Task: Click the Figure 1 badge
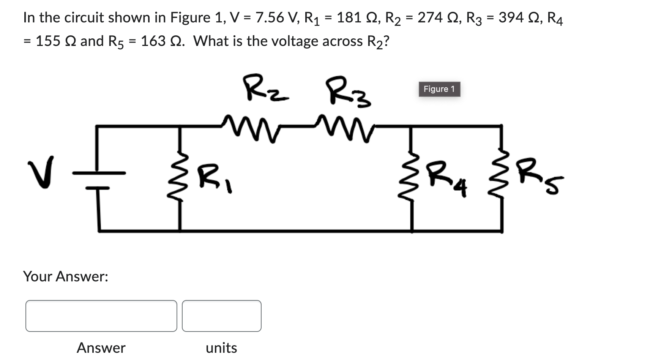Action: (439, 89)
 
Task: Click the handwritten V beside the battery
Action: (40, 172)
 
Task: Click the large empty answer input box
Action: (101, 316)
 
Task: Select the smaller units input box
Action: (221, 316)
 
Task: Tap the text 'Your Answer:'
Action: (66, 276)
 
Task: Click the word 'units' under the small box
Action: (221, 348)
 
